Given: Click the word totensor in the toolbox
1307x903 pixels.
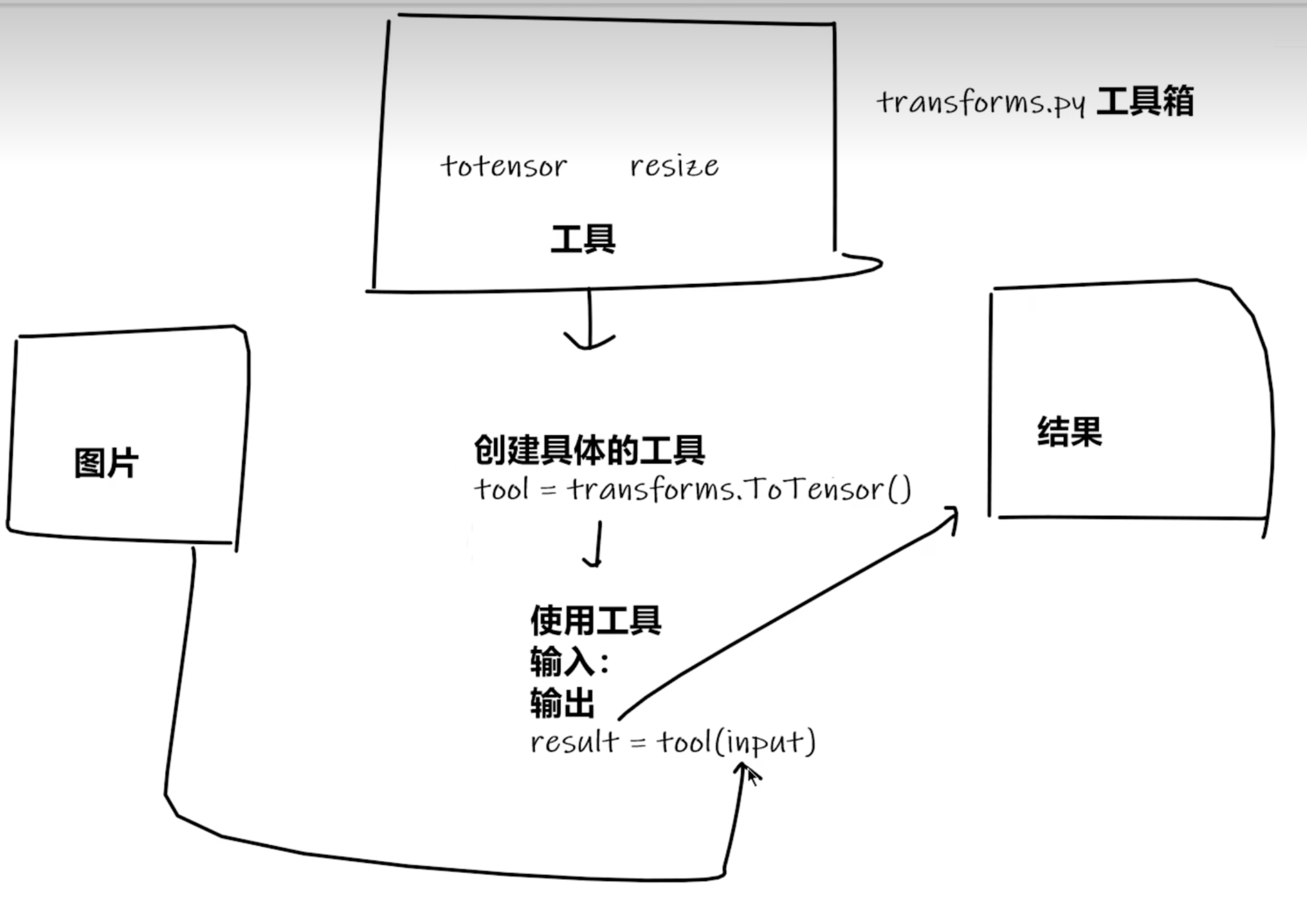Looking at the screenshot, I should tap(503, 166).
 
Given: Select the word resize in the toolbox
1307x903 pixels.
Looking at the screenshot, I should tap(674, 166).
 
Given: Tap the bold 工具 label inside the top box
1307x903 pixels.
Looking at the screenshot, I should tap(583, 240).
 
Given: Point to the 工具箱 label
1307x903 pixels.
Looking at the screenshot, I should tap(1145, 101).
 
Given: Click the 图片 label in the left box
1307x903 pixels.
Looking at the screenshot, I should tap(106, 463).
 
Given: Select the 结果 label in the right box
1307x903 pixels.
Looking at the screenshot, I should tap(1069, 431).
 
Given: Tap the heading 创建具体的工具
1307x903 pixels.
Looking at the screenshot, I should tap(589, 450).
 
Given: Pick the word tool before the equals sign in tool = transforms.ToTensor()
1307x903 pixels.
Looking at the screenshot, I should tap(502, 489).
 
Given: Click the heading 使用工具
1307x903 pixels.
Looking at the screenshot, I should tap(595, 620).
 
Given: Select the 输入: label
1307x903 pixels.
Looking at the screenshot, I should tap(569, 662).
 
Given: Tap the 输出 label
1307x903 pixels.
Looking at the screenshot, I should tap(562, 703).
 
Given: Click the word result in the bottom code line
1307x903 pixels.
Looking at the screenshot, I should tap(574, 742).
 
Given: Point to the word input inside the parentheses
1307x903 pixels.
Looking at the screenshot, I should tap(764, 743).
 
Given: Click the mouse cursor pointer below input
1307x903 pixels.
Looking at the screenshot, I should tap(753, 777).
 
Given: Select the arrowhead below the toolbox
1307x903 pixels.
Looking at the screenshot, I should tap(589, 341).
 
